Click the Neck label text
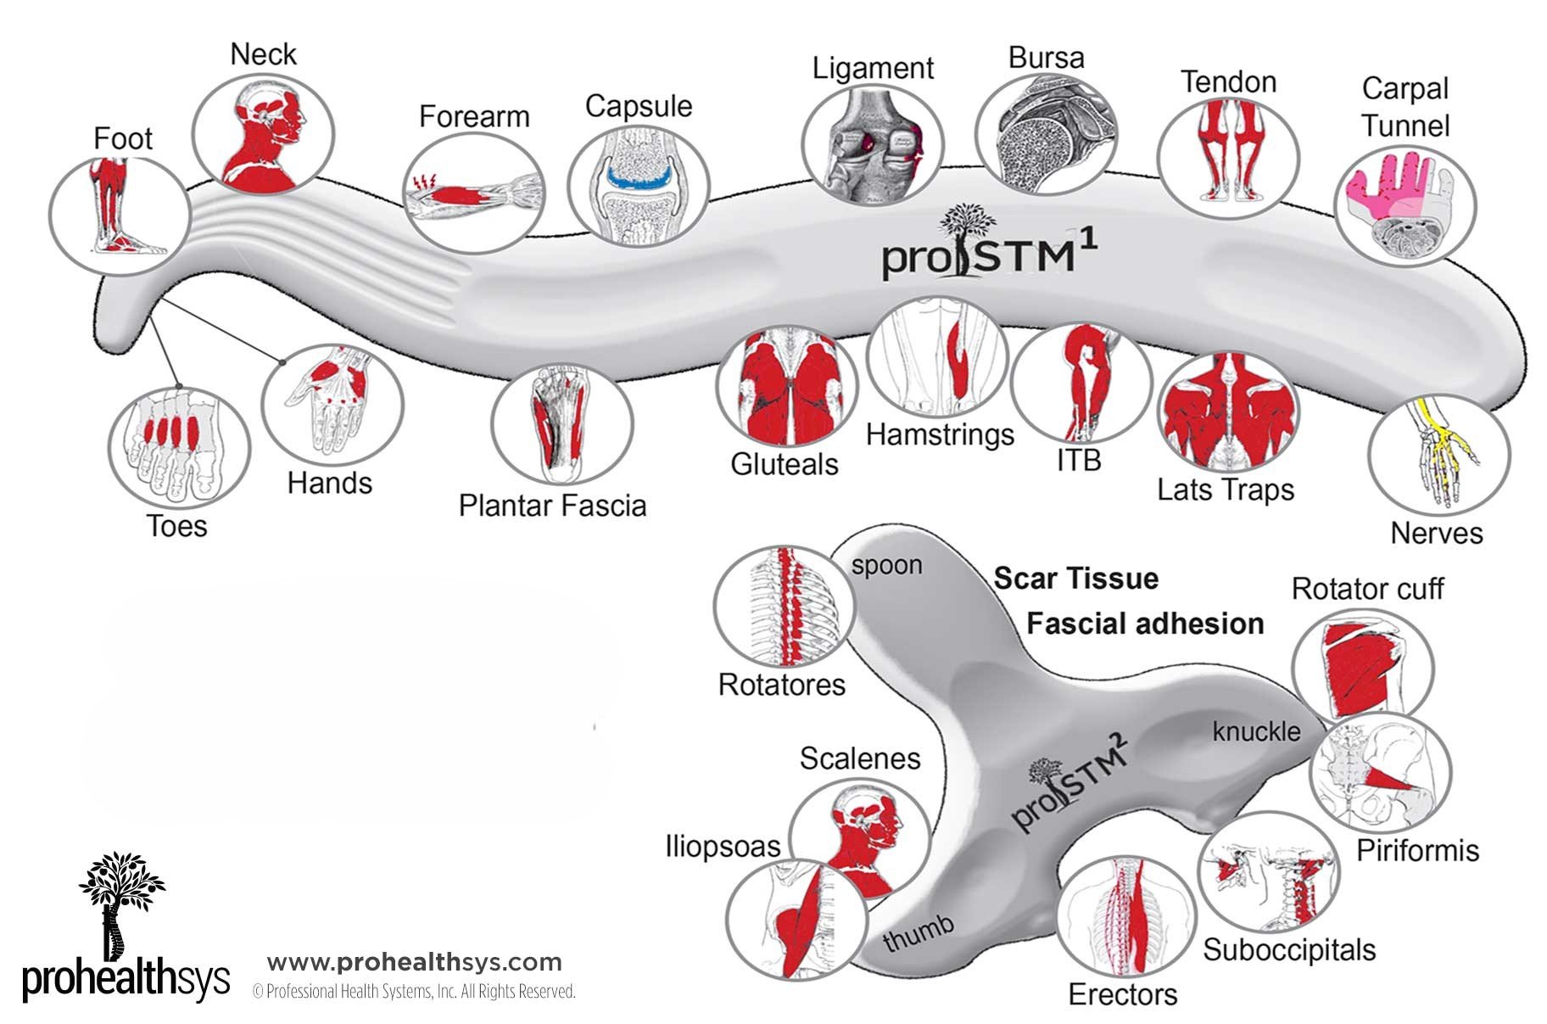263,54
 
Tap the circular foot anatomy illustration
119,209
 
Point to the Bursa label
1046,58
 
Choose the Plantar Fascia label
552,506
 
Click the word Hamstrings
940,434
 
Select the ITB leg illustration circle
1081,380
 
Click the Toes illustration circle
179,446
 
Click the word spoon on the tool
886,565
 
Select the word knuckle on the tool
1256,731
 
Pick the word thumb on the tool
919,932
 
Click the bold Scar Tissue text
1075,579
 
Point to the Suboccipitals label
1289,949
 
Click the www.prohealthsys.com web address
414,962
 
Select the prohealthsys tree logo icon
120,899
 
